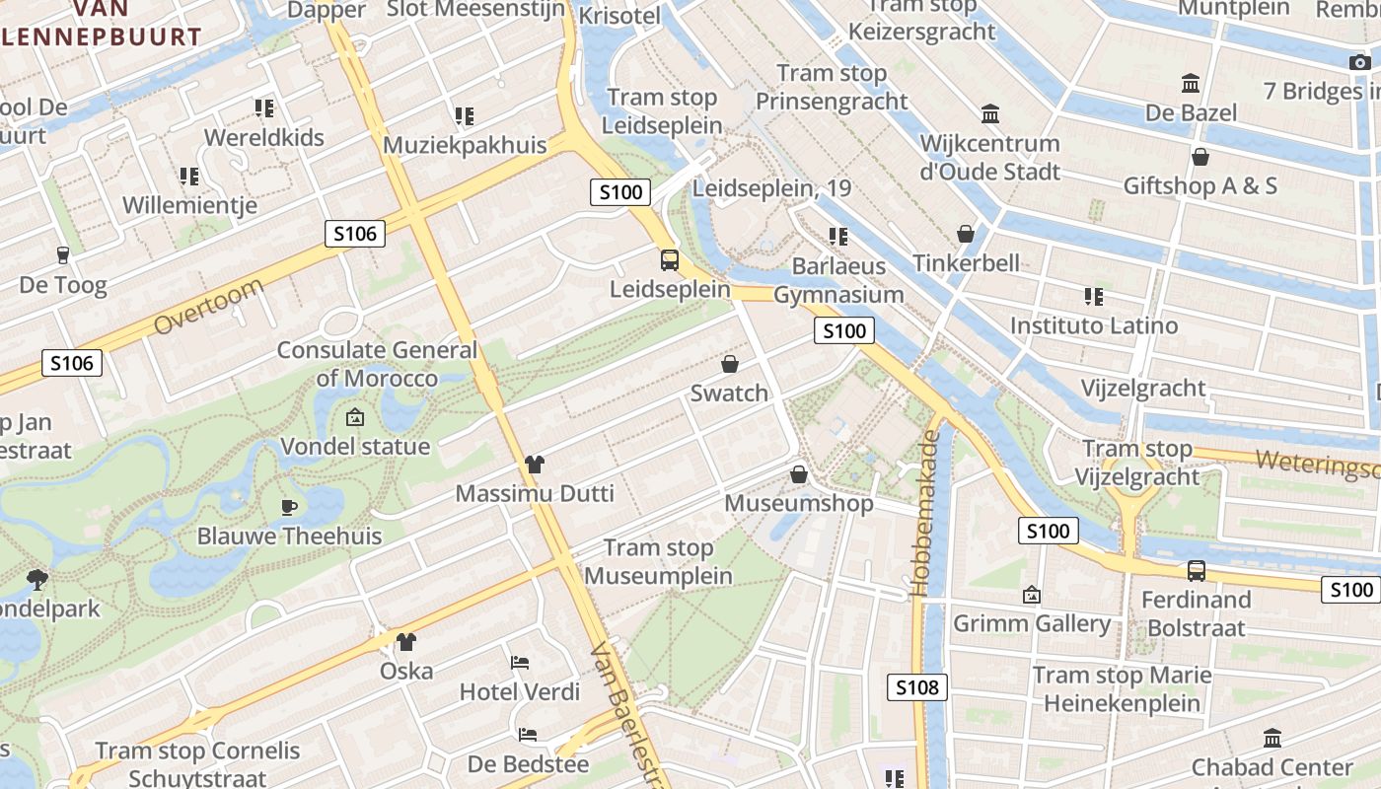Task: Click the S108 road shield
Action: click(916, 687)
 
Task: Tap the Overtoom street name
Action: click(208, 307)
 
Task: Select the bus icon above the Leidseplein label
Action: click(670, 260)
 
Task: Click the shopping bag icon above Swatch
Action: click(730, 364)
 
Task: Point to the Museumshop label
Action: click(799, 503)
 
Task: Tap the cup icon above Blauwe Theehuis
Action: click(288, 507)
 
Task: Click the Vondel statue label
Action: click(355, 447)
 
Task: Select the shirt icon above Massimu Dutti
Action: click(535, 464)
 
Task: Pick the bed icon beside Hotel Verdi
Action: click(520, 663)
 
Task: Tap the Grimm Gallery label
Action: click(1032, 623)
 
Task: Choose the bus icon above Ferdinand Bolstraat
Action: click(1196, 570)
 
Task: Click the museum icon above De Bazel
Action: click(1191, 83)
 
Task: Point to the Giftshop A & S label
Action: click(1200, 185)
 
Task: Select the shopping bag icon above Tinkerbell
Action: click(966, 234)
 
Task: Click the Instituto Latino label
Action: click(1094, 325)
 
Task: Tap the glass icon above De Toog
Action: click(63, 255)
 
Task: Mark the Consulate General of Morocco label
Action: click(377, 364)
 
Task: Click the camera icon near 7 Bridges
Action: click(1360, 63)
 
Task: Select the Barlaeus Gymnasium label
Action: click(838, 280)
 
